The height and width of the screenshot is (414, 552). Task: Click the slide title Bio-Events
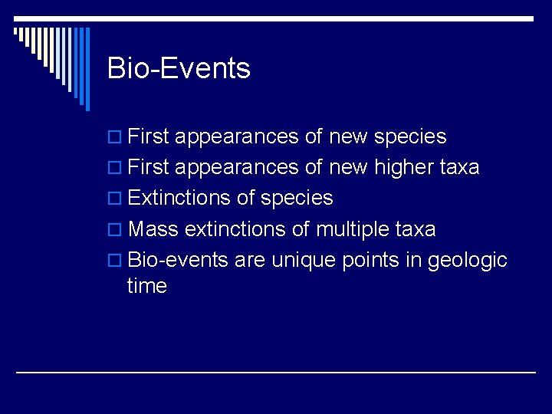(179, 69)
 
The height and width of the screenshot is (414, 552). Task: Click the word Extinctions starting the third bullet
(179, 199)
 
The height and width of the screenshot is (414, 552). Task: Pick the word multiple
(354, 229)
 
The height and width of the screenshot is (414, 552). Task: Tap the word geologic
(467, 261)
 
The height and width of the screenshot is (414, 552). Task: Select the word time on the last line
(147, 287)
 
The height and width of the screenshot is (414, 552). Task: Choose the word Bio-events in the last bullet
(178, 260)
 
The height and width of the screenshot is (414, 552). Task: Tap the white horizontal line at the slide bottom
(276, 372)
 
